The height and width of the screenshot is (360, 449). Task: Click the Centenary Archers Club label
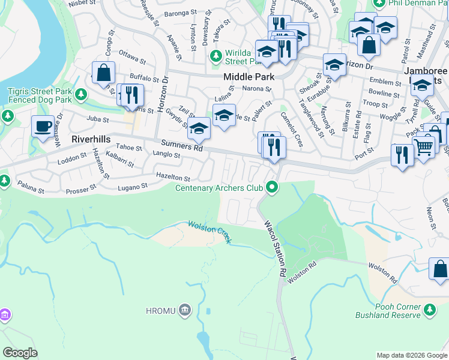click(219, 188)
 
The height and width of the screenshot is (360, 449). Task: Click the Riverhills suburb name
click(91, 139)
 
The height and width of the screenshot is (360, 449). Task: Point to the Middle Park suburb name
click(249, 77)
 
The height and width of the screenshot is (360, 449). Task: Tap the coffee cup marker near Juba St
click(43, 127)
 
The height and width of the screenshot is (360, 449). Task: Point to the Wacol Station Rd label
click(275, 248)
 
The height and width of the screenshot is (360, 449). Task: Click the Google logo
click(20, 352)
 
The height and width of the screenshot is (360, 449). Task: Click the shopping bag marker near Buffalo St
click(104, 73)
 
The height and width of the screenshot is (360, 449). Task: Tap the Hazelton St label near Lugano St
click(173, 178)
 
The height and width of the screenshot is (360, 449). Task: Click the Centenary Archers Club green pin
click(273, 188)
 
